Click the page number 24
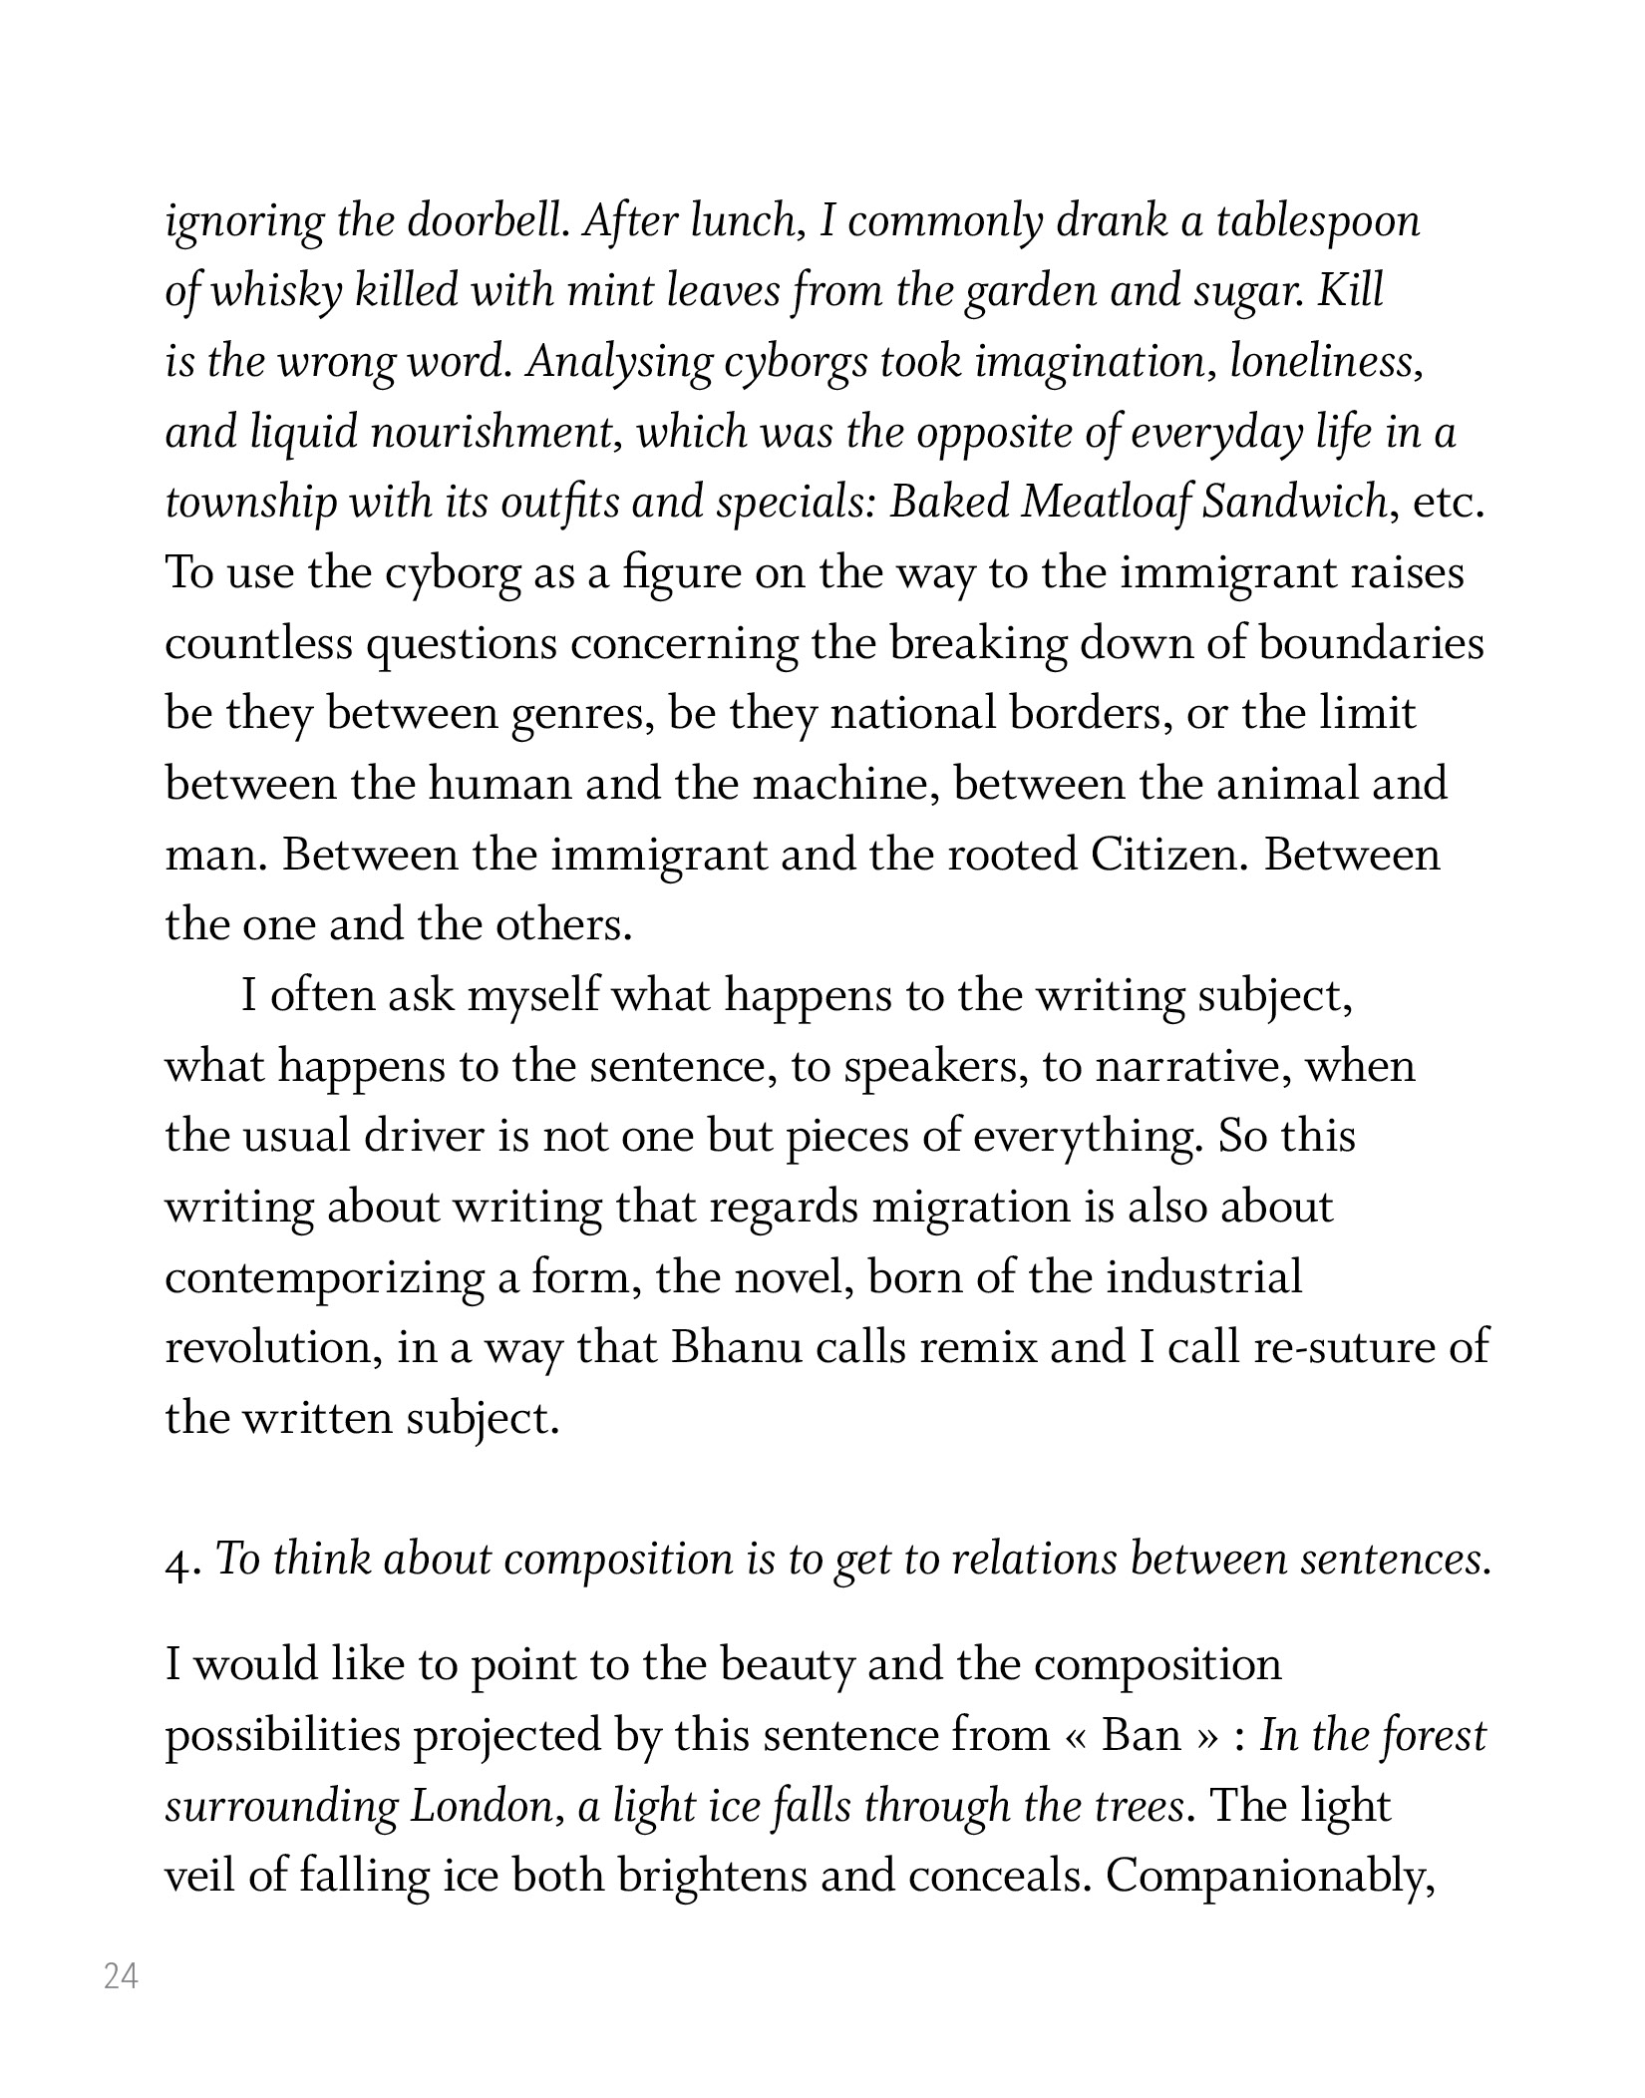pos(121,1975)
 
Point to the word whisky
pos(278,291)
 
